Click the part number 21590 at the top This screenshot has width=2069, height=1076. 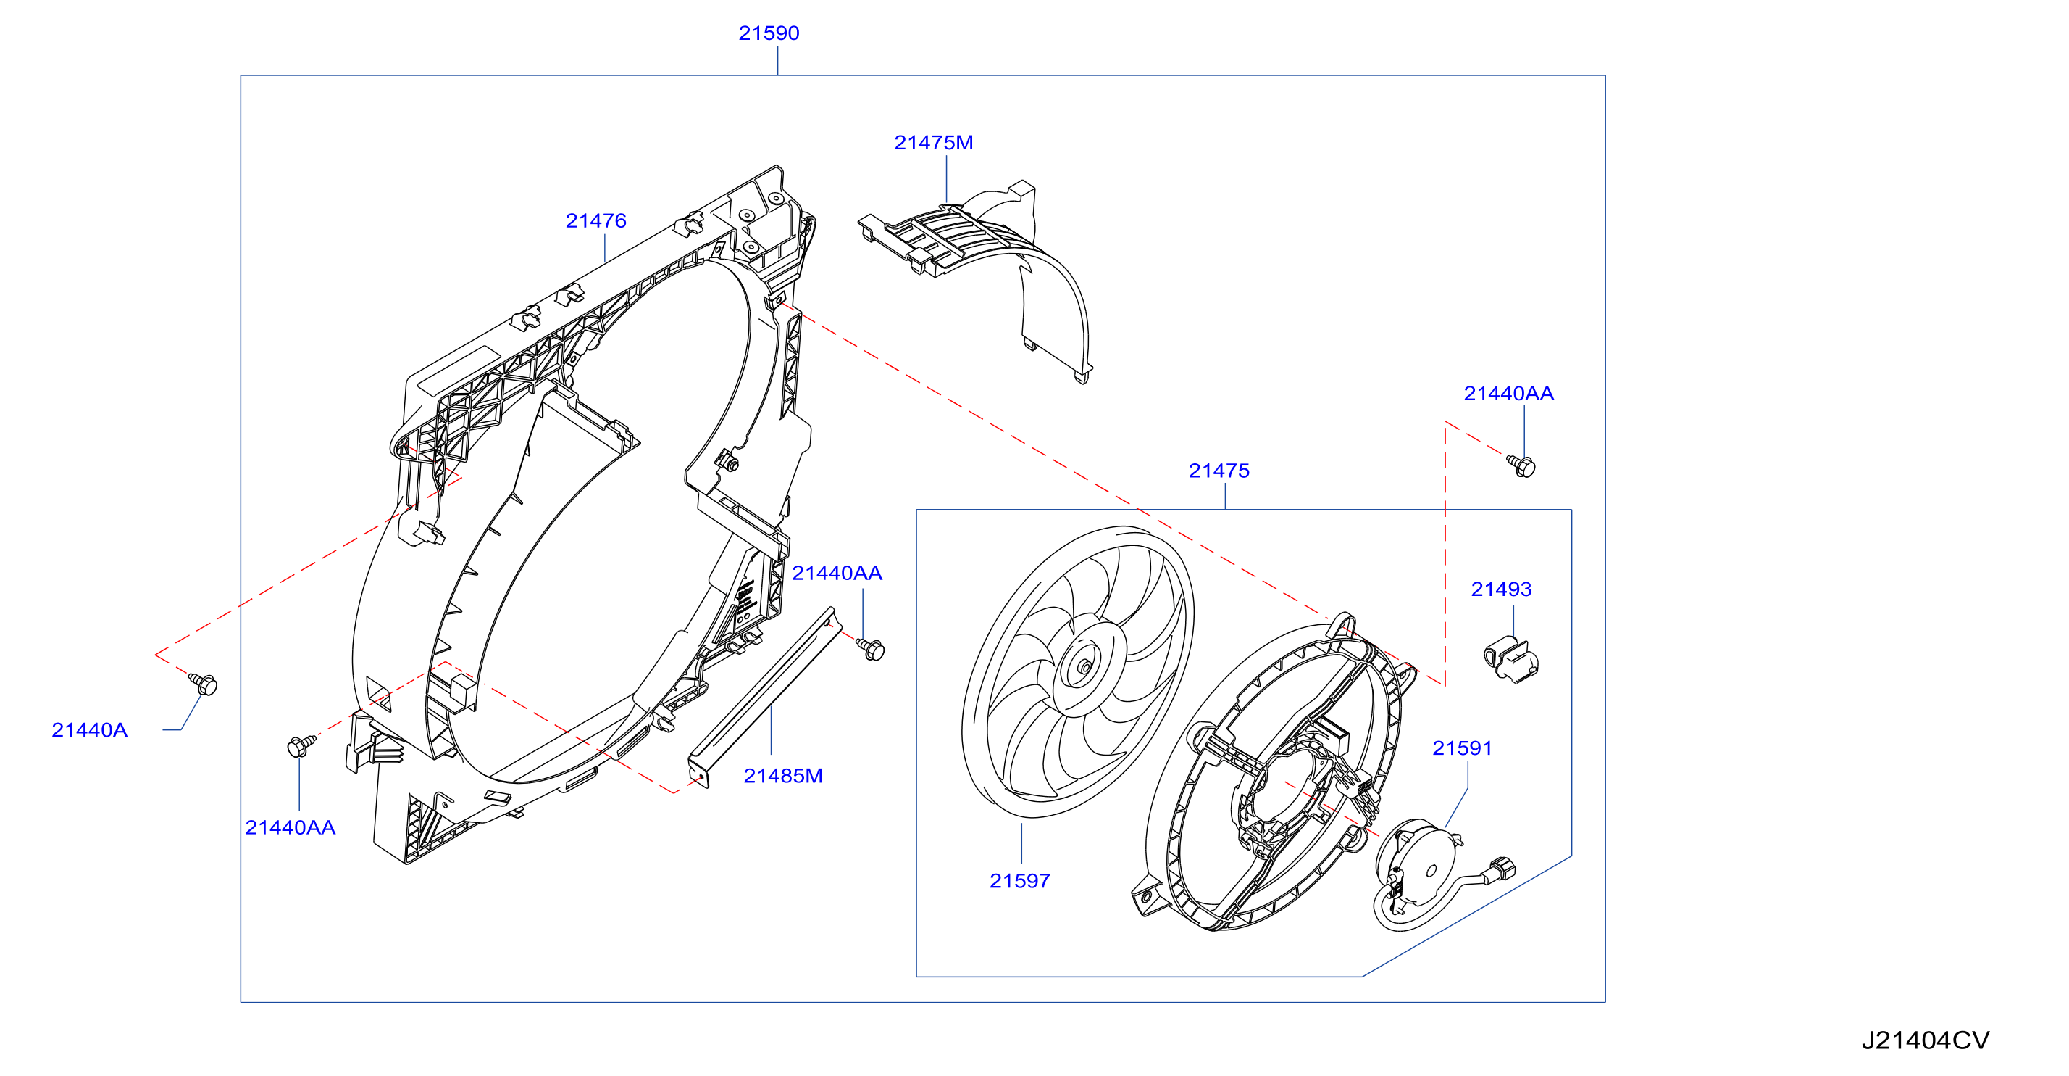click(x=769, y=33)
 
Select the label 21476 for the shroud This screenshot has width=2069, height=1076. click(x=595, y=220)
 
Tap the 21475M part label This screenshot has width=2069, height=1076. click(x=933, y=142)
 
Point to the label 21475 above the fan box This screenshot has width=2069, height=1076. click(x=1219, y=470)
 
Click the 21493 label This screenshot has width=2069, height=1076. click(x=1501, y=589)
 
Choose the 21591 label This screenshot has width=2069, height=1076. click(x=1462, y=748)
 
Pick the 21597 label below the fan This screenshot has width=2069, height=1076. click(x=1019, y=881)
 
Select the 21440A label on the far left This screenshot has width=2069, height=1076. click(x=89, y=729)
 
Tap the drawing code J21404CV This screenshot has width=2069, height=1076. click(x=1926, y=1040)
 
